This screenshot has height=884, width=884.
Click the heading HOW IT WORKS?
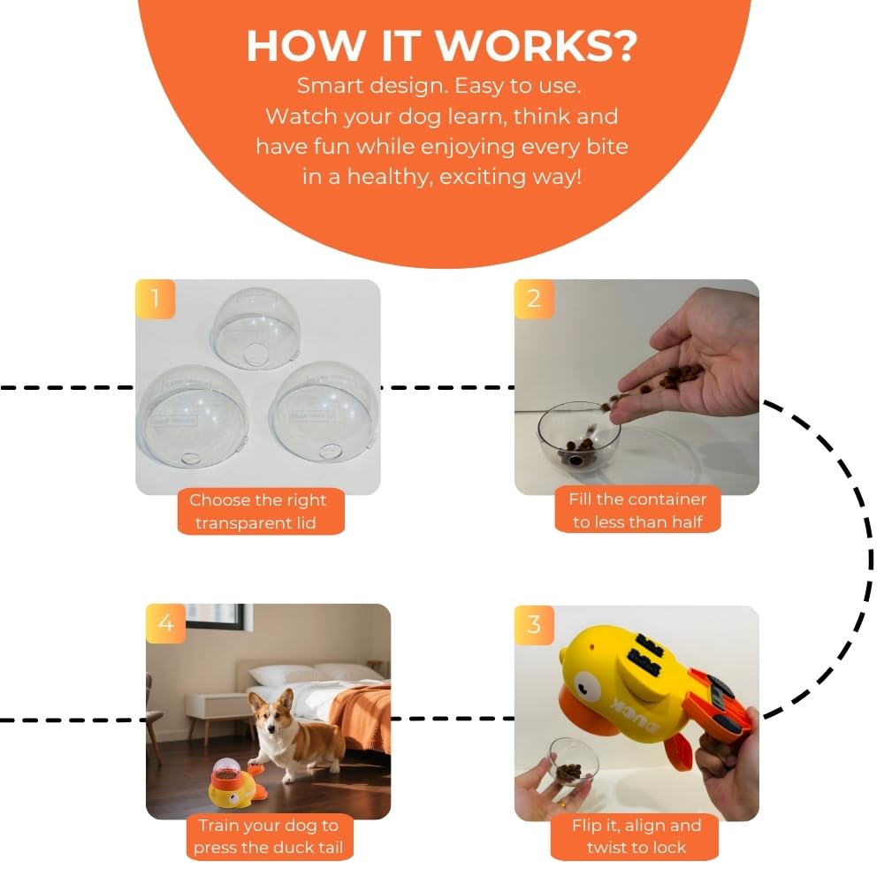[x=440, y=45]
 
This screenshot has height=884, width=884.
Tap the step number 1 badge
[x=156, y=299]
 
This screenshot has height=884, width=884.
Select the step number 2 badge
[x=534, y=299]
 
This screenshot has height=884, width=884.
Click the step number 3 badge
[x=534, y=625]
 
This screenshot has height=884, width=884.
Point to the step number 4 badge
[x=165, y=623]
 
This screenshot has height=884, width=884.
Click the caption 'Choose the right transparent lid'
[x=257, y=512]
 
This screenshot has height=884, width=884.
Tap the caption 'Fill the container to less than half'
[x=637, y=511]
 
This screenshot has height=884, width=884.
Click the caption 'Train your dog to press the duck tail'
[x=268, y=836]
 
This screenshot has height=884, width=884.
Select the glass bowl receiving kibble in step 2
[x=578, y=435]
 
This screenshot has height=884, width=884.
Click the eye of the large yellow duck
[x=585, y=682]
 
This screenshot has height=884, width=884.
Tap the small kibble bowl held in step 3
[x=573, y=760]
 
